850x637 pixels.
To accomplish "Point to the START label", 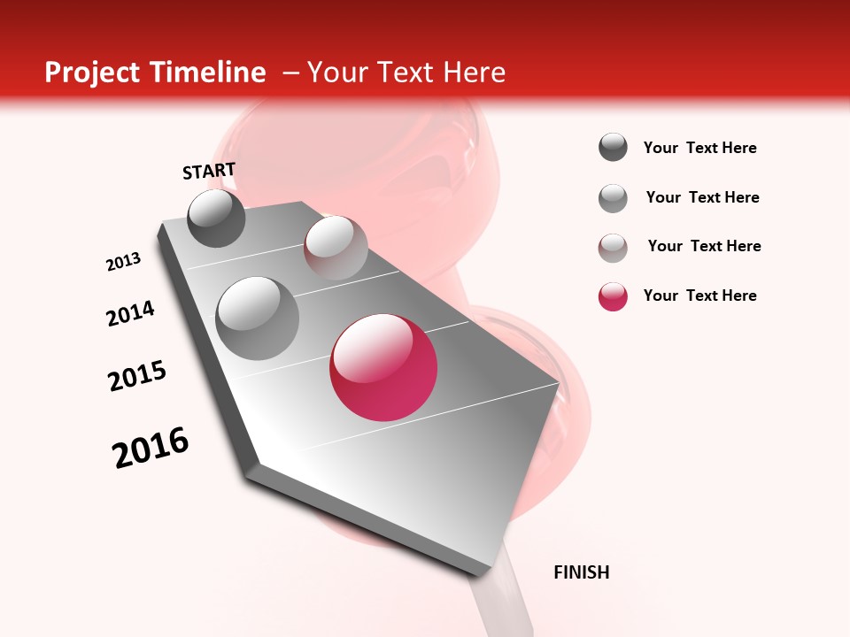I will tap(209, 171).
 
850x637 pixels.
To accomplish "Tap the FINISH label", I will tap(581, 572).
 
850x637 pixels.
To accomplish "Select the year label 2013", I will tap(124, 261).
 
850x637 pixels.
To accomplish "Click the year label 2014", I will tap(130, 313).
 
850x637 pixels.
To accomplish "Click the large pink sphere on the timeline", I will tap(383, 367).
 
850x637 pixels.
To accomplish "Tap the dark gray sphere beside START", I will tap(217, 218).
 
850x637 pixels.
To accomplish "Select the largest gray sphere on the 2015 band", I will tap(258, 318).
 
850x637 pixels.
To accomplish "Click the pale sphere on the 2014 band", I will tap(336, 247).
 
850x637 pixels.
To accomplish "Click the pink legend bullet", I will tap(613, 296).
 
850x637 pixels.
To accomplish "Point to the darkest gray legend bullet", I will tap(613, 148).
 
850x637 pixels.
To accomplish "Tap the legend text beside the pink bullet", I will tap(699, 295).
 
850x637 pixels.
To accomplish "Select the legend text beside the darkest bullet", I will tap(699, 148).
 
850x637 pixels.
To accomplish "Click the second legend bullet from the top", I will tap(613, 198).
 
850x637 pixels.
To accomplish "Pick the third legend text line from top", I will tap(704, 246).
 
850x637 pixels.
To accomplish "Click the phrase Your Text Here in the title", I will tap(406, 73).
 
